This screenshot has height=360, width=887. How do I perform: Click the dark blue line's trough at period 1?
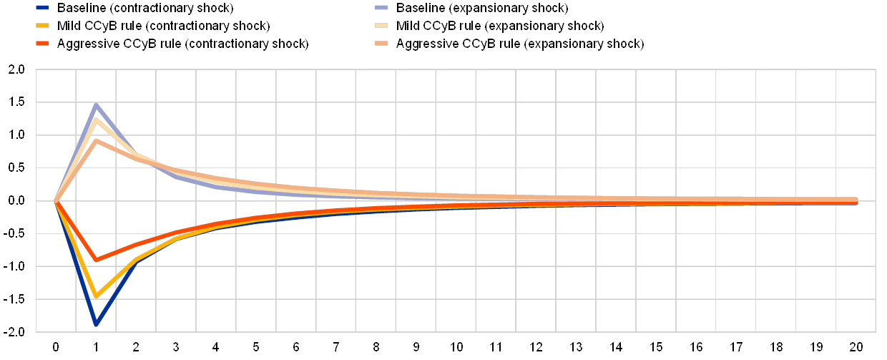coord(96,324)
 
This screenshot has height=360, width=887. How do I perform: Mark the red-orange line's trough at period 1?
coord(96,260)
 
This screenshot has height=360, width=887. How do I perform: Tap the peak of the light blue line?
coord(96,105)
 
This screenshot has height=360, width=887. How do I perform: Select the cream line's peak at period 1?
coord(96,119)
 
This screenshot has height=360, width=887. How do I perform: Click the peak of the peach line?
coord(96,140)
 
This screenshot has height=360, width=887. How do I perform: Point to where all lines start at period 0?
coord(56,201)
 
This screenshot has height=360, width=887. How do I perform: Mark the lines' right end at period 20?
coord(856,201)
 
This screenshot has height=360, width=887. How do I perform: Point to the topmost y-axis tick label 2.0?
coord(16,69)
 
